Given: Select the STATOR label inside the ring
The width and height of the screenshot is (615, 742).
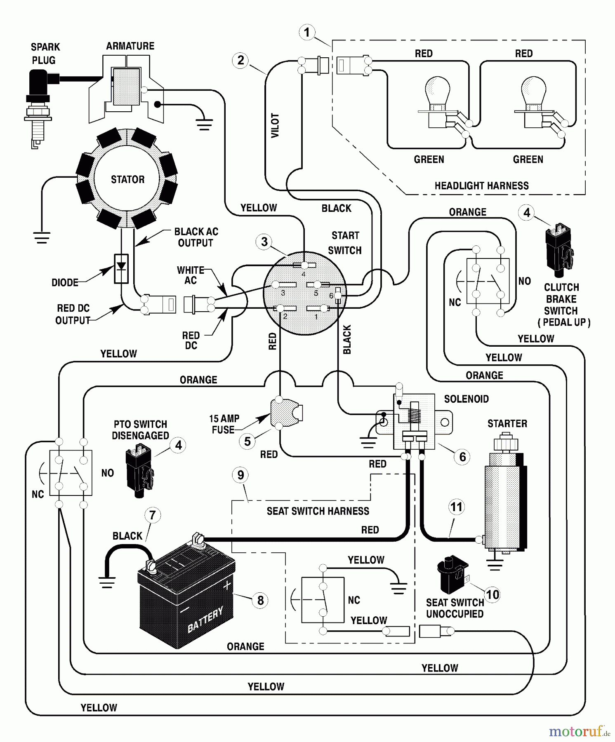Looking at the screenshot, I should coord(127,180).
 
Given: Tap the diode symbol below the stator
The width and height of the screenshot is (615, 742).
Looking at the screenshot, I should coord(121,268).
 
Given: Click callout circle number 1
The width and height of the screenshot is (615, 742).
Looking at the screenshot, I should coord(306,32).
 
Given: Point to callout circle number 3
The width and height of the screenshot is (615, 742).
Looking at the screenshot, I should coord(264,242).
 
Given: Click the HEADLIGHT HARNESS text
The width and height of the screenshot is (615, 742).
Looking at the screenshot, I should coord(481,186).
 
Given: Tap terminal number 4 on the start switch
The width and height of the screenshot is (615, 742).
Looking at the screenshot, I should coord(304,265).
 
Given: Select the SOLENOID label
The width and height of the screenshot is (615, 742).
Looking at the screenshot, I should coord(466,399).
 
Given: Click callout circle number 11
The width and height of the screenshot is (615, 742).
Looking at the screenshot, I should coord(456,507).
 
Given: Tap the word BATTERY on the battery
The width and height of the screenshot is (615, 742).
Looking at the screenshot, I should coord(205,620).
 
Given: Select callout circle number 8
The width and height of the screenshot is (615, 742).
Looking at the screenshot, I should coord(260,600).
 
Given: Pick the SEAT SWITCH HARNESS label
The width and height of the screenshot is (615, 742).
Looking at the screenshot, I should coord(318,511).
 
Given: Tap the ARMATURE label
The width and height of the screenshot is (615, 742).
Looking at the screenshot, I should coord(130,46).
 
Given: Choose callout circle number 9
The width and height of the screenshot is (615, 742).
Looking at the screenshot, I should coord(240,475).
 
